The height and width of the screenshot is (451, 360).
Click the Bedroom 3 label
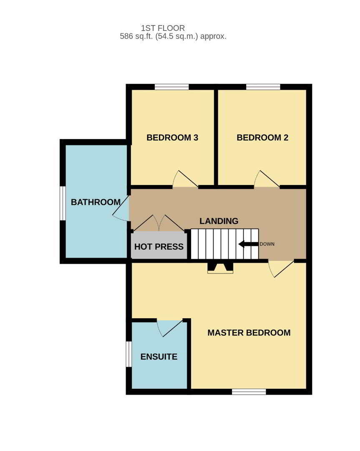[x=172, y=137]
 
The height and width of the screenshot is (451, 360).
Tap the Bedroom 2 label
[x=262, y=137]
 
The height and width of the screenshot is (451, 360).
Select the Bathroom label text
[x=96, y=202]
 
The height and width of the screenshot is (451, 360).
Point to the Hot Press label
[x=159, y=246]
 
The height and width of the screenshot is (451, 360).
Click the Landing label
[x=219, y=221]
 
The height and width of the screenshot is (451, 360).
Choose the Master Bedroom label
[x=249, y=332]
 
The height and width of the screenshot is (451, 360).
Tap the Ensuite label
[x=159, y=357]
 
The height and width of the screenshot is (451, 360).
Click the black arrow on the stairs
[x=249, y=244]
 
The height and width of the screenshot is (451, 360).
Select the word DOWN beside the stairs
[x=267, y=244]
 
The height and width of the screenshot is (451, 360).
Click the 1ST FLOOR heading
[x=163, y=28]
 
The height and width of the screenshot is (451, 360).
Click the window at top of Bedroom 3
[x=172, y=87]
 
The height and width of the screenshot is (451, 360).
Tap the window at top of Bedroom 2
[x=263, y=87]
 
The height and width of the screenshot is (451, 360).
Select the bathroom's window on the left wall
[x=63, y=203]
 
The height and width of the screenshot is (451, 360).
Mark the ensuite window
[x=129, y=354]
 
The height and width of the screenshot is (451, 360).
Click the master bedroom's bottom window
[x=249, y=391]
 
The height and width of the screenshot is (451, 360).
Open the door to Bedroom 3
[x=185, y=179]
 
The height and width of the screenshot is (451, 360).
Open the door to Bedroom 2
[x=267, y=179]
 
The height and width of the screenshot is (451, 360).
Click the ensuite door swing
[x=170, y=328]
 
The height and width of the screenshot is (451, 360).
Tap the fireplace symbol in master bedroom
[x=220, y=268]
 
